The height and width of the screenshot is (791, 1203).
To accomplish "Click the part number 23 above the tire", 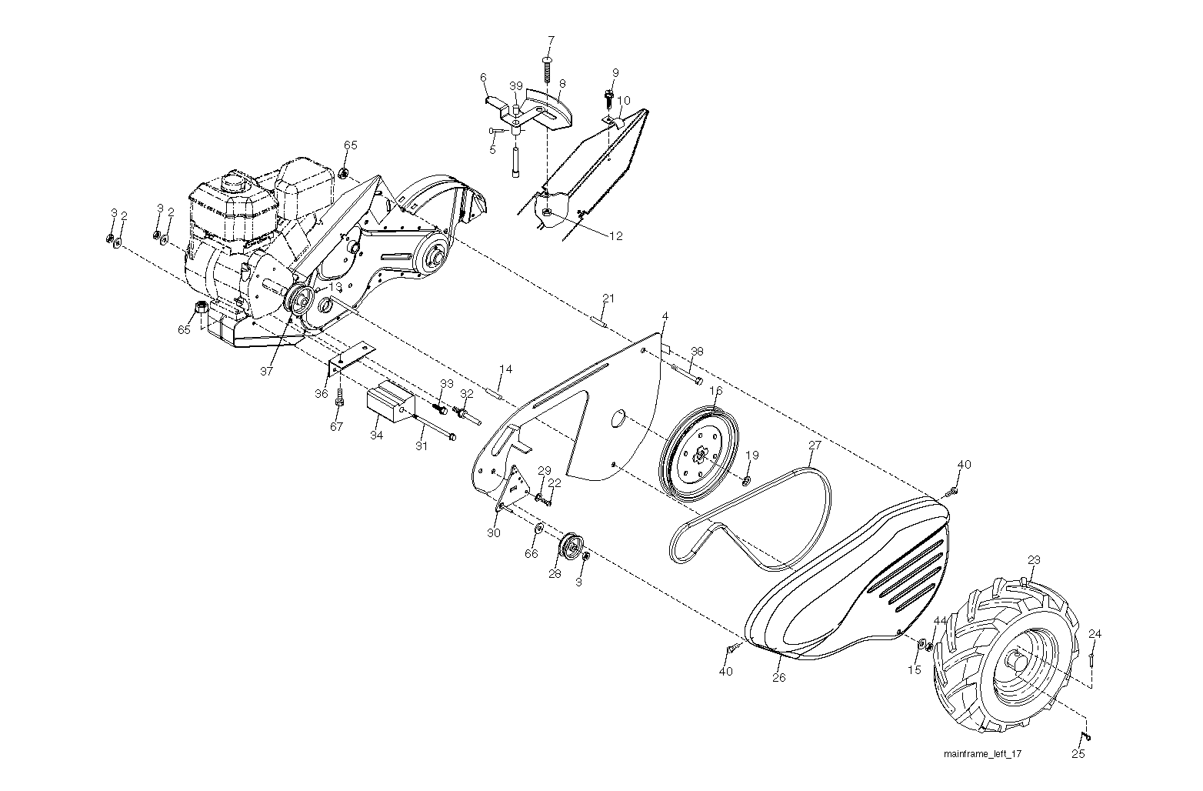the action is click(x=1033, y=560).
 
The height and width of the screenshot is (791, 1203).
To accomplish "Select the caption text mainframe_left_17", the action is click(x=983, y=754).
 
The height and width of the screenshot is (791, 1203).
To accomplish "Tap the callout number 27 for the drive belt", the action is click(x=815, y=446).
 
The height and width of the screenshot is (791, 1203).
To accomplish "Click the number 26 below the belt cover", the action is click(x=778, y=678).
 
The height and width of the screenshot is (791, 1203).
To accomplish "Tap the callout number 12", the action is click(x=616, y=236).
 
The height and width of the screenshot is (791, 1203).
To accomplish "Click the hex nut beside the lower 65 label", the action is click(x=202, y=309).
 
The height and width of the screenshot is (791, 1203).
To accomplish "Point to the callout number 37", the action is click(x=266, y=371).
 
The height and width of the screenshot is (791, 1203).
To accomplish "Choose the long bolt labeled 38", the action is click(x=687, y=373).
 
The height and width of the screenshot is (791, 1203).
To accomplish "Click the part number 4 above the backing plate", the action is click(x=665, y=316).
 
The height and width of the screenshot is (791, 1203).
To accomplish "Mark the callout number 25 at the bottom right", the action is click(x=1078, y=754).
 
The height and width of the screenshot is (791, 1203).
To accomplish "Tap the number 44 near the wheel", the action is click(x=940, y=621).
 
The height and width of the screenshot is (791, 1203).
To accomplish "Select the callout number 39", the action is click(x=515, y=86).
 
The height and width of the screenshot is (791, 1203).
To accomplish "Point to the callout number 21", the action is click(x=608, y=299).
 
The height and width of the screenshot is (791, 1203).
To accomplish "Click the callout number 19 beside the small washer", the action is click(x=752, y=456).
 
